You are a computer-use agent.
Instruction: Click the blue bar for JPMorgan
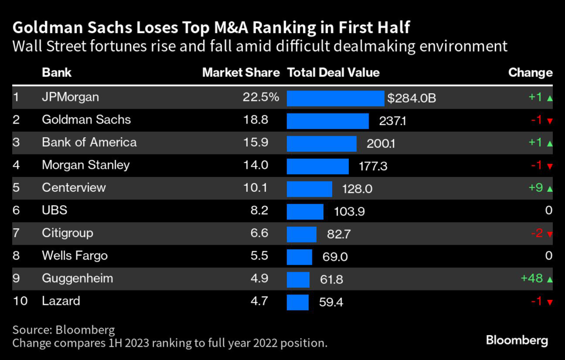[x=335, y=98]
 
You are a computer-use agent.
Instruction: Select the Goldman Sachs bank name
[x=86, y=120]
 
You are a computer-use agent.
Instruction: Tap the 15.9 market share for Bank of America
[x=255, y=143]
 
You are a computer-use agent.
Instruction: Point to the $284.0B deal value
[x=412, y=98]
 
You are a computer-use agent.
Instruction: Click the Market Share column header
[x=241, y=73]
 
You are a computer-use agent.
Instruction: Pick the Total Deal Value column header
[x=334, y=73]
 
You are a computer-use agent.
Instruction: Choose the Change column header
[x=530, y=73]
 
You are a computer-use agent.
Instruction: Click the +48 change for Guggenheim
[x=532, y=278]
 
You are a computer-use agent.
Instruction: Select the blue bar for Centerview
[x=310, y=189]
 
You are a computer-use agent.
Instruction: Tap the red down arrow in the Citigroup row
[x=550, y=234]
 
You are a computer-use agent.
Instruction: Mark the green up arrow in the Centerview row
[x=550, y=189]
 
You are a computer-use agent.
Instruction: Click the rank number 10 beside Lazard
[x=19, y=301]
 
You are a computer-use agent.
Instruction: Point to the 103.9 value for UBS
[x=349, y=211]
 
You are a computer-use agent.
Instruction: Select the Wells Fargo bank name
[x=74, y=256]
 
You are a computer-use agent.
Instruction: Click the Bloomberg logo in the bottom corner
[x=517, y=341]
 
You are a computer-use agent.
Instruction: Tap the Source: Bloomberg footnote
[x=63, y=330]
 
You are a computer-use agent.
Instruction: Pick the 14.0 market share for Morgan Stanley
[x=255, y=165]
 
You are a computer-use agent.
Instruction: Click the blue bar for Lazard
[x=298, y=302]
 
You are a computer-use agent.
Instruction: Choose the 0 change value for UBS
[x=548, y=211]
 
